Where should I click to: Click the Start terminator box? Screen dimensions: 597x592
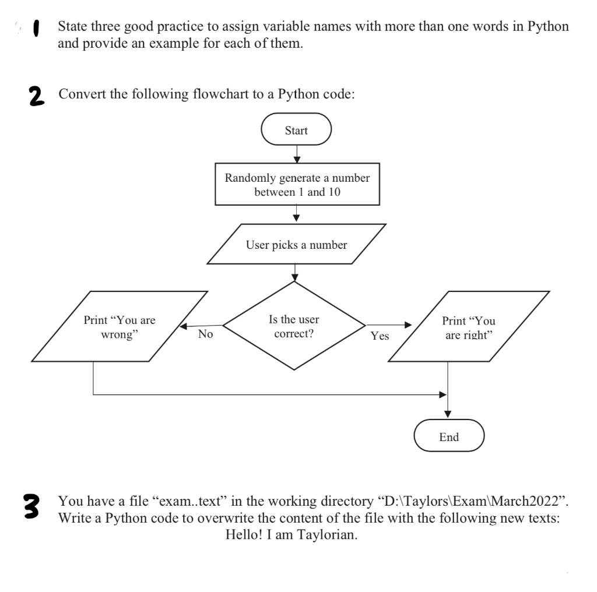(296, 129)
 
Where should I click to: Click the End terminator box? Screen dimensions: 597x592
(449, 436)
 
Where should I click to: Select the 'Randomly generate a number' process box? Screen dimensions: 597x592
(297, 184)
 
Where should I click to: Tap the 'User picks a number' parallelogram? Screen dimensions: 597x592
(296, 244)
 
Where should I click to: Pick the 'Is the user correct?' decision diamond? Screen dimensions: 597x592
(294, 326)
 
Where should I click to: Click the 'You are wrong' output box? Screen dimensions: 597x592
(120, 326)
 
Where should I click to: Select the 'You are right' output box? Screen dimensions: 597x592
(469, 326)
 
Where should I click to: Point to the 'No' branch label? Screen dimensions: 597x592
(205, 334)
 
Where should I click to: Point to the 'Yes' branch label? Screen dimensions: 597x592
(380, 336)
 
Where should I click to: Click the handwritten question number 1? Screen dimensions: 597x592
(37, 29)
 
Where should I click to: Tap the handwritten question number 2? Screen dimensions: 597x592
(36, 96)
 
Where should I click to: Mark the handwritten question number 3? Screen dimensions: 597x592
(31, 506)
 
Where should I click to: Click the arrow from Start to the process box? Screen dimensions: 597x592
(297, 154)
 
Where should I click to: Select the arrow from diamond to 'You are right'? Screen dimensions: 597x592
(389, 325)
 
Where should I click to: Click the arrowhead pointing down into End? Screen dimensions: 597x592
(448, 414)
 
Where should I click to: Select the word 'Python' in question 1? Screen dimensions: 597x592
(548, 26)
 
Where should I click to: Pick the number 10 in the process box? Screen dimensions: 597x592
(334, 192)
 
